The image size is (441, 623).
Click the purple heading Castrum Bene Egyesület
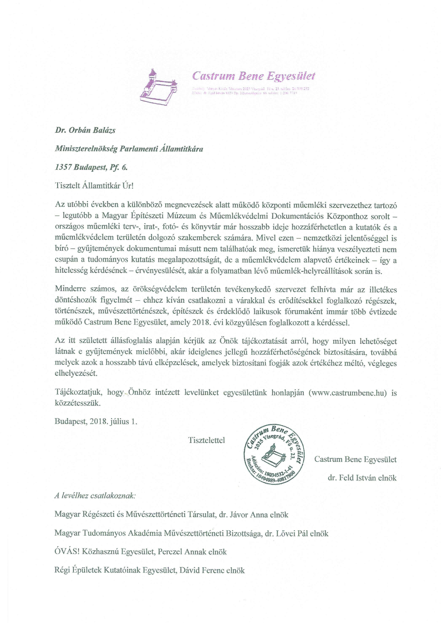click(253, 76)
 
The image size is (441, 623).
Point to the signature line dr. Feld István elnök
click(362, 478)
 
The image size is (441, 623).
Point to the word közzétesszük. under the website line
click(78, 403)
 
